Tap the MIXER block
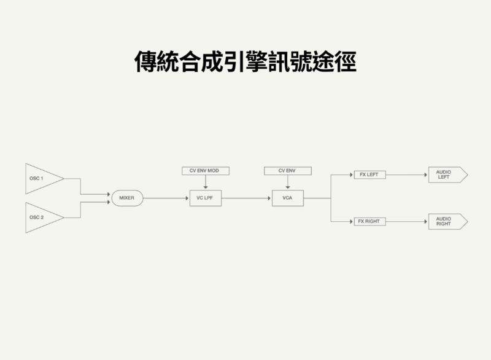pos(126,198)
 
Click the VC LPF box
pos(204,198)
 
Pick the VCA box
pos(287,198)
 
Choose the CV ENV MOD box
pos(204,170)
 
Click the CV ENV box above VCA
pos(287,170)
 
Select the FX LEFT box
pos(370,174)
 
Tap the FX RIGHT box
pos(370,221)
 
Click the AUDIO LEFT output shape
pos(447,175)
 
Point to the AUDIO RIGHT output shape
pos(447,221)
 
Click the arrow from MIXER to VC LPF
pos(166,198)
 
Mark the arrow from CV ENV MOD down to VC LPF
pos(204,182)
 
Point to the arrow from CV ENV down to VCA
pos(287,182)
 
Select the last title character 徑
pos(344,61)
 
